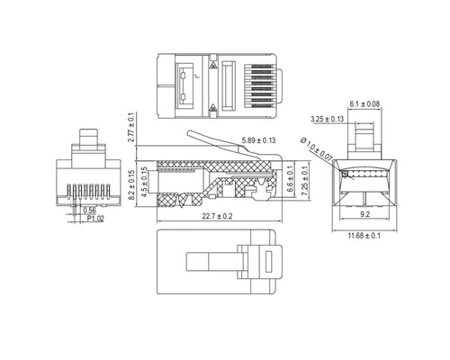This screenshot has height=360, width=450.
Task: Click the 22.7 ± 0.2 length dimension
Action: [211, 216]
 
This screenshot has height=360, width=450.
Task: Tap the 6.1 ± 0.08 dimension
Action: [365, 104]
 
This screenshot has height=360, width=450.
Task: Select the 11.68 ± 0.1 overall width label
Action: [366, 236]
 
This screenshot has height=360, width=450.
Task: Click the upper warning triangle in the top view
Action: [213, 65]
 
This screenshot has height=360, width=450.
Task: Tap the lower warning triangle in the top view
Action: [213, 109]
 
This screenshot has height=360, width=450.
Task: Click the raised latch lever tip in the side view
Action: [191, 136]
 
